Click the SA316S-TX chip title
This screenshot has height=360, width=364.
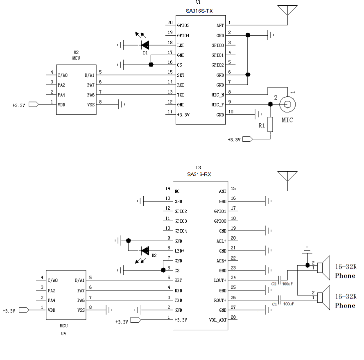[x=199, y=10]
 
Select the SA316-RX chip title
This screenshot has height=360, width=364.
[x=199, y=174]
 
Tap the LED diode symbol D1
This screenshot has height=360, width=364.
[x=145, y=45]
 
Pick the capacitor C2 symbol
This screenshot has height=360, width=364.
[x=280, y=281]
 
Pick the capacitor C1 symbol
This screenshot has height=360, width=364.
[x=280, y=300]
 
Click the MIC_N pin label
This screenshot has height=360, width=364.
[x=217, y=95]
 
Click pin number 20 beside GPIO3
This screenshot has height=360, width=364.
[x=170, y=23]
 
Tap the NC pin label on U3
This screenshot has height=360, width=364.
[x=177, y=191]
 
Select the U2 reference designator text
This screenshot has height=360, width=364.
[x=76, y=52]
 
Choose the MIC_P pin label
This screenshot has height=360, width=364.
[x=217, y=105]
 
